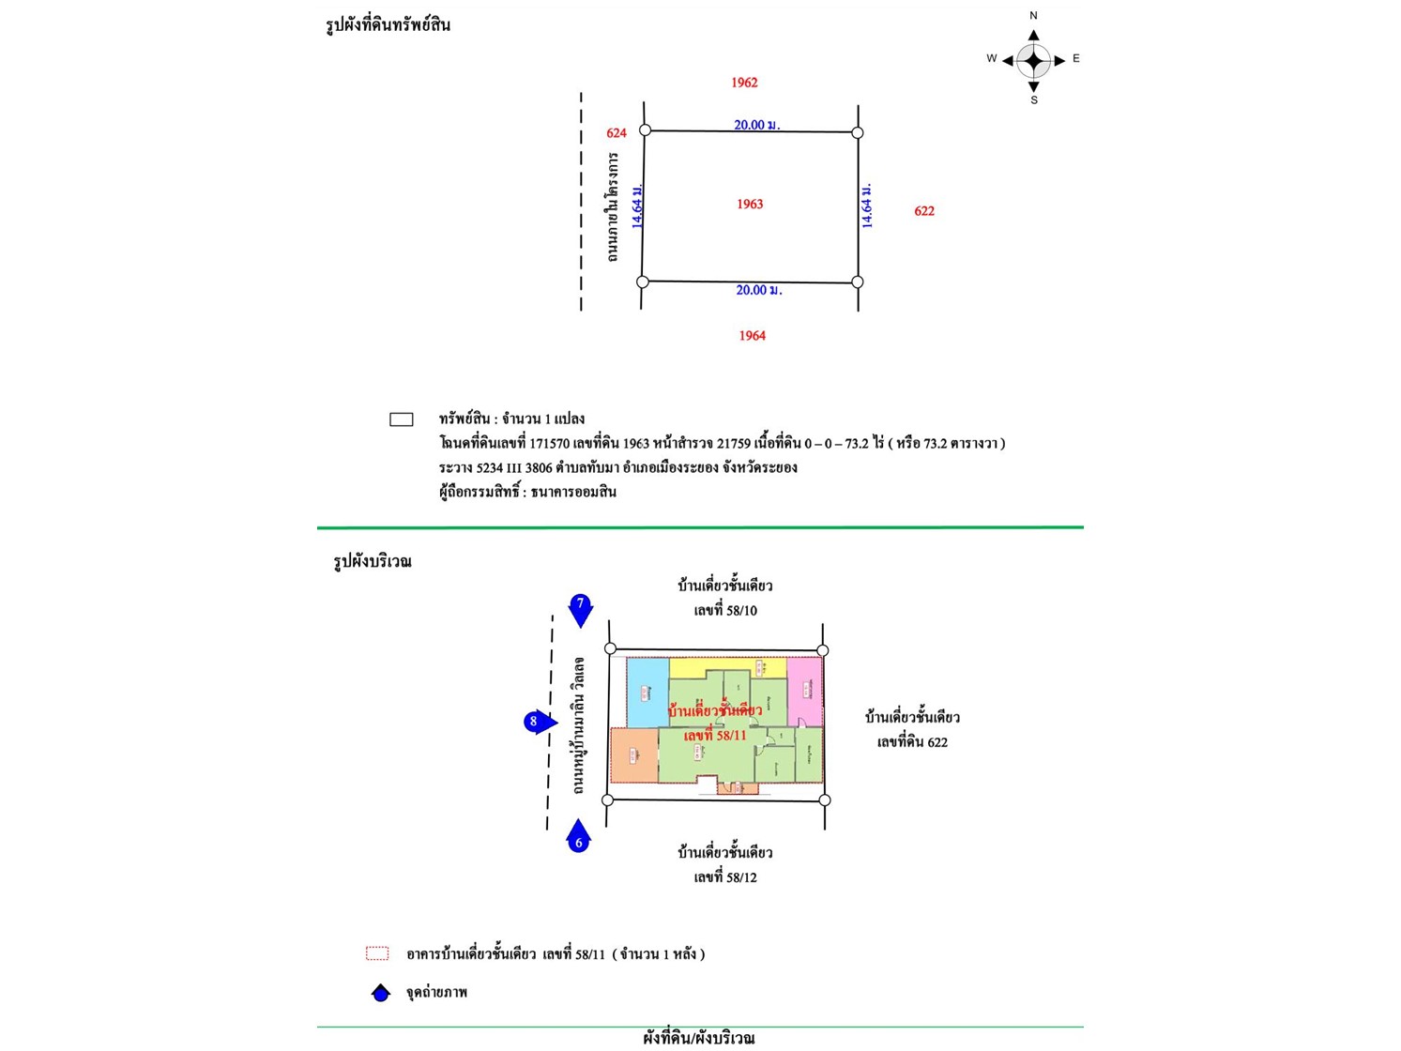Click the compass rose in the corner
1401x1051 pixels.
(1033, 60)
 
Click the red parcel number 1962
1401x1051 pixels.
(744, 83)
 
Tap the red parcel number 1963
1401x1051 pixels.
(750, 204)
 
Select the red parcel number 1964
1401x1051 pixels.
(752, 335)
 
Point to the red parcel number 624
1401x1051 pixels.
(616, 133)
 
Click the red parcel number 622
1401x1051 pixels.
(924, 211)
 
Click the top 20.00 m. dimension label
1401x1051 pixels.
(756, 125)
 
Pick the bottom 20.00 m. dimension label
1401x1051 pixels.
(758, 291)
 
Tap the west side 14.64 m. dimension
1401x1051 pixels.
(637, 206)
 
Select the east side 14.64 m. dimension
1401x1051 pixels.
(868, 206)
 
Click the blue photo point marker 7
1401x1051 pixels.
(581, 608)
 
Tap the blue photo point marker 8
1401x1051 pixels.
(538, 722)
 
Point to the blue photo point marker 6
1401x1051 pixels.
(578, 837)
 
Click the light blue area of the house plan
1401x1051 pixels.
(647, 692)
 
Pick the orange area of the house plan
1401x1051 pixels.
(633, 755)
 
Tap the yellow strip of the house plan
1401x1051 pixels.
(727, 667)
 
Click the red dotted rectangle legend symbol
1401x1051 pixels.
(377, 953)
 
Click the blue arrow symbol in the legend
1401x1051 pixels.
(380, 993)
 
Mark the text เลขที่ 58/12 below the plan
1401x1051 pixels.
(725, 877)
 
